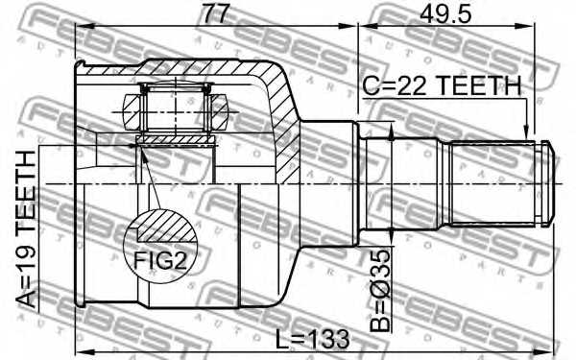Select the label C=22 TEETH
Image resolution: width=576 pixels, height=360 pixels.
442,86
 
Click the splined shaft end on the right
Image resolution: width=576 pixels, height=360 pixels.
494,182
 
